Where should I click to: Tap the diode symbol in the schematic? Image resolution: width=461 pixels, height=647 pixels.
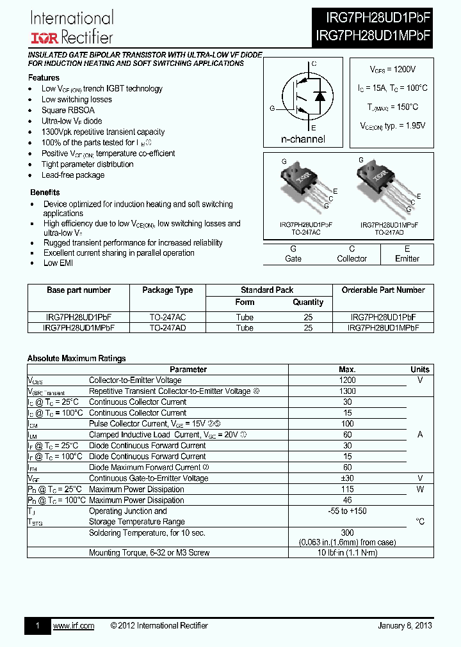[x=320, y=96]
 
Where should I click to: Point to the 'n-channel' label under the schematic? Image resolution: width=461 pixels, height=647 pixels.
[x=303, y=139]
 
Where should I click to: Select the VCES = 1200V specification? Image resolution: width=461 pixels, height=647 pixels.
[x=392, y=69]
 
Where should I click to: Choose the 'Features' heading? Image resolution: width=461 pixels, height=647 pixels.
[x=44, y=77]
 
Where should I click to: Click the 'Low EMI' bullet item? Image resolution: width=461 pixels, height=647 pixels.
[x=59, y=263]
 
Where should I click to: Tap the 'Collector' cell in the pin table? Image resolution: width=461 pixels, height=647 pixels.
[x=352, y=259]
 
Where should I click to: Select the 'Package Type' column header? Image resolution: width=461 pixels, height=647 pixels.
[x=167, y=290]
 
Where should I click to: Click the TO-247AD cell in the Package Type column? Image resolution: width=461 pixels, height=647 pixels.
[x=167, y=327]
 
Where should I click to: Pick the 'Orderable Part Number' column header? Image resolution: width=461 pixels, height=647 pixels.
[x=383, y=290]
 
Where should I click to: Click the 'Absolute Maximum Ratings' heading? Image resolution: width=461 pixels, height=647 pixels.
[x=76, y=359]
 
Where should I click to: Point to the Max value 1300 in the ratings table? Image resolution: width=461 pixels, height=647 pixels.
[x=347, y=391]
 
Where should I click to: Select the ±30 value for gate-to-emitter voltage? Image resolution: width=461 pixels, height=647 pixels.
[x=347, y=478]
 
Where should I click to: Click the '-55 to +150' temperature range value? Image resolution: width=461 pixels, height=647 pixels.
[x=347, y=511]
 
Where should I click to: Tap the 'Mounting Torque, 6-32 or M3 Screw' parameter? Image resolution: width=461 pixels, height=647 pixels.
[x=149, y=552]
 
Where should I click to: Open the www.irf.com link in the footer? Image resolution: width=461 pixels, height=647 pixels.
[x=73, y=625]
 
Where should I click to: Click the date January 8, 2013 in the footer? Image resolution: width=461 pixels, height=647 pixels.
[x=405, y=625]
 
